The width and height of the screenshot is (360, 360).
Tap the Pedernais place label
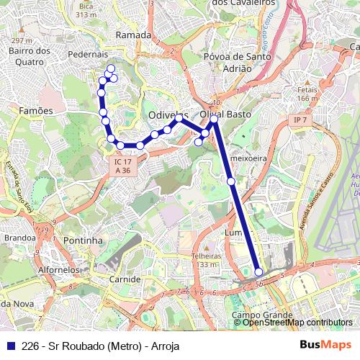86,54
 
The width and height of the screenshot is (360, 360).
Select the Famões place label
35,111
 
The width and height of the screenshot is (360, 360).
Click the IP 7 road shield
300,119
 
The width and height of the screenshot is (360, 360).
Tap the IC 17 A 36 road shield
122,166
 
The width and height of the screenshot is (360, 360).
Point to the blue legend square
11,346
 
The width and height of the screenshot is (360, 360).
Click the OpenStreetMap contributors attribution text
294,323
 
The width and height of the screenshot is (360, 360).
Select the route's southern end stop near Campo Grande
258,272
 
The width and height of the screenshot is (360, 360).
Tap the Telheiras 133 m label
207,260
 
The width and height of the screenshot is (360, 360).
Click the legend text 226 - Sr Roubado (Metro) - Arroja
101,346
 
